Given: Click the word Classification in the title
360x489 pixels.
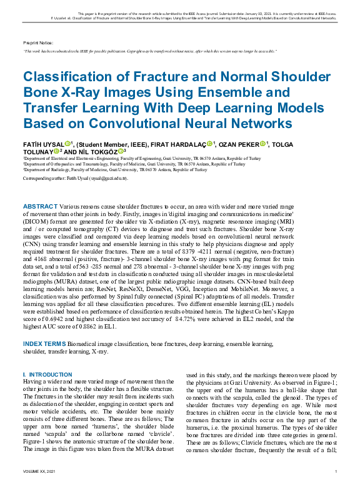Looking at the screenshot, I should pos(71,77).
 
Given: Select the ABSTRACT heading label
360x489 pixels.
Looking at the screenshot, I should pos(40,206).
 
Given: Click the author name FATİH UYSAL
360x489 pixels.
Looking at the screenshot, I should pos(43,144).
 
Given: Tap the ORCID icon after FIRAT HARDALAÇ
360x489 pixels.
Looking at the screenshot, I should pos(210,144).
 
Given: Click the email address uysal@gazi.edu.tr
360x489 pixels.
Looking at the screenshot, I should pos(109,179).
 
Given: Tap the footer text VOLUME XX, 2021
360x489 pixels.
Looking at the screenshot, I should pos(39,471).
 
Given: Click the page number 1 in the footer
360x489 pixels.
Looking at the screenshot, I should pos(336,471).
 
